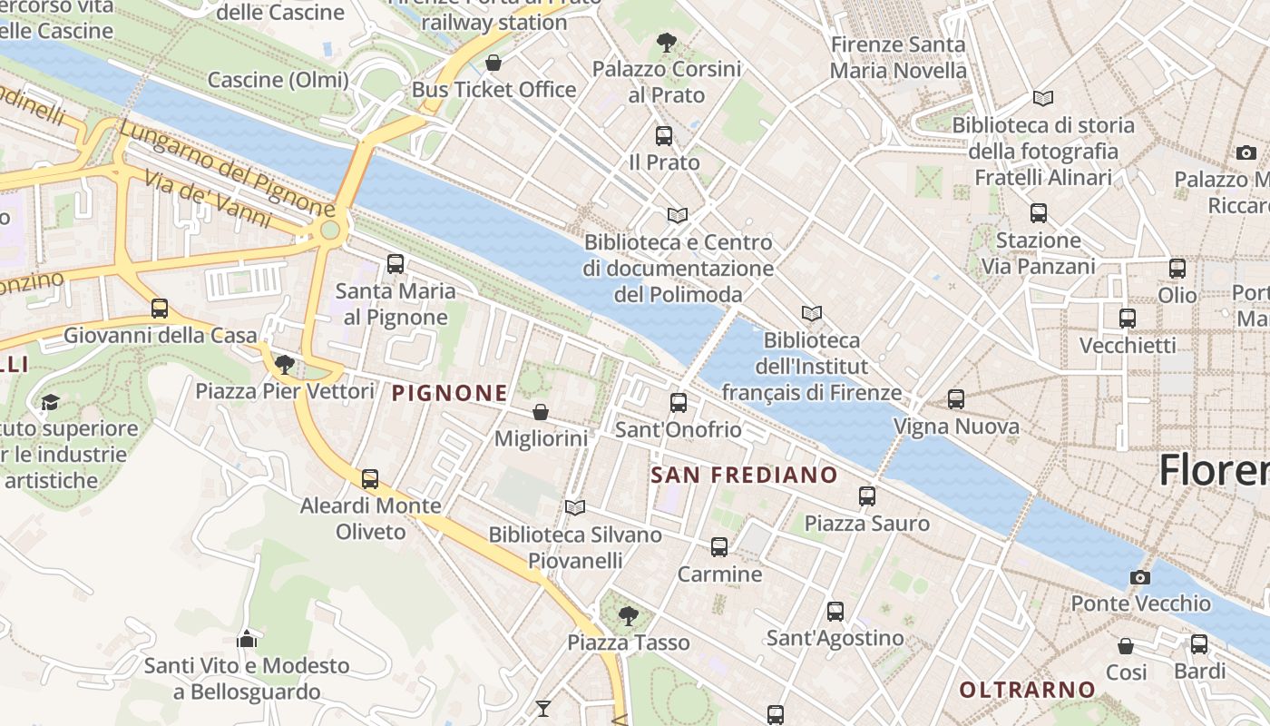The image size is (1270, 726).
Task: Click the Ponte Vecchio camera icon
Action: point(1140,577)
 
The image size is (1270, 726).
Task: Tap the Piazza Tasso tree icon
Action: point(628,617)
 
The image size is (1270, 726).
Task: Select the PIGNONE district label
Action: point(450,393)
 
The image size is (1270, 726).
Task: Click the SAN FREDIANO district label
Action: point(745,475)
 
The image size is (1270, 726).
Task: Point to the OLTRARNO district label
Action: point(1028,690)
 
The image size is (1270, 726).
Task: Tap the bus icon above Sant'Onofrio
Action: point(679,403)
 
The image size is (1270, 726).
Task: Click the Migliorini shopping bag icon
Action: point(541,412)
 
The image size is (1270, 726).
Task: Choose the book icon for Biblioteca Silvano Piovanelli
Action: point(575,507)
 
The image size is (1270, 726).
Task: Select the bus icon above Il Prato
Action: point(664,136)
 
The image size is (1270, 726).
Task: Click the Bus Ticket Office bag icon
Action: point(493,63)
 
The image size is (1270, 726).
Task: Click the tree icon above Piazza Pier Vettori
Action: point(285,365)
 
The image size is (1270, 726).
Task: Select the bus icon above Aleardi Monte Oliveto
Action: point(370,479)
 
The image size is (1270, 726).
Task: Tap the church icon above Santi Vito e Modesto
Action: point(247,639)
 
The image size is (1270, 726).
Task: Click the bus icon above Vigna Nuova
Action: point(956,399)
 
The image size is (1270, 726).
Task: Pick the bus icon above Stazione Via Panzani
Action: point(1039,213)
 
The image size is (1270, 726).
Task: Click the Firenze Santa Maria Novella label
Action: point(898,57)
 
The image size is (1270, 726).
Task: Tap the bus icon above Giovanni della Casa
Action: point(160,309)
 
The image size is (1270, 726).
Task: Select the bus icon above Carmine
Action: point(719,547)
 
